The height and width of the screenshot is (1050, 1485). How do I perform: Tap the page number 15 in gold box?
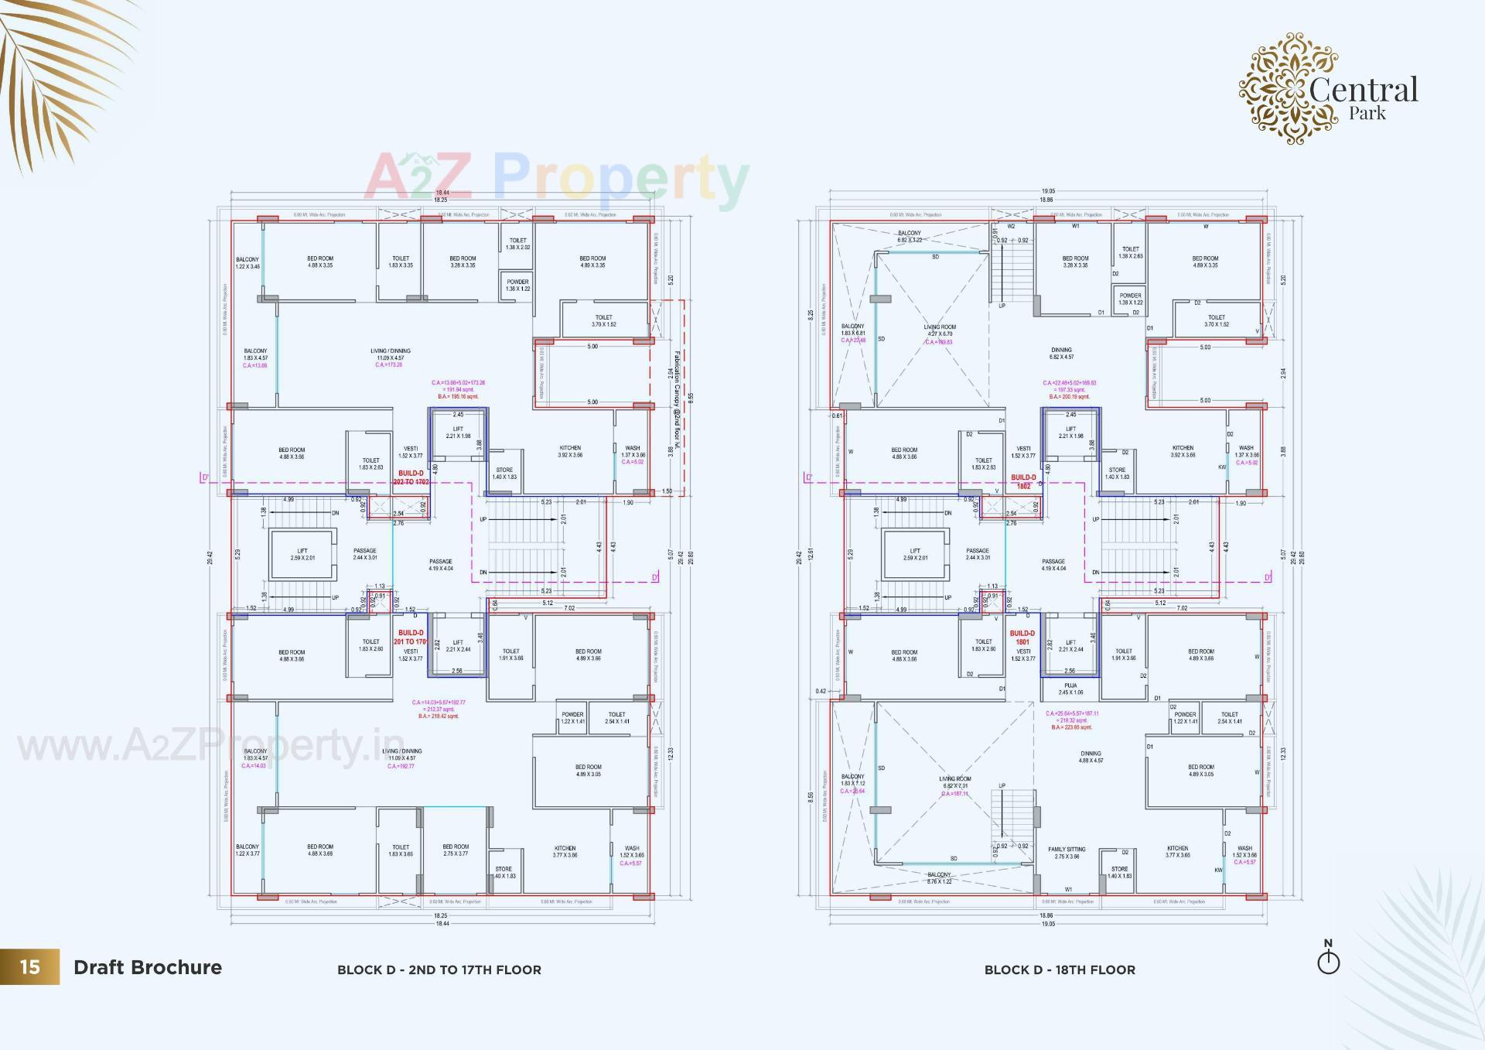29,967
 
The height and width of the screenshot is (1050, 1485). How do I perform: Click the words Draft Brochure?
148,967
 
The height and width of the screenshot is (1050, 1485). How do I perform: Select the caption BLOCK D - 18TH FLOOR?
1060,970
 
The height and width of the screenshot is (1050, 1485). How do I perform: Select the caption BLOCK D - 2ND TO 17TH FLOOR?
439,970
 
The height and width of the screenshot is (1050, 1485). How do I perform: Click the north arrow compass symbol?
1328,959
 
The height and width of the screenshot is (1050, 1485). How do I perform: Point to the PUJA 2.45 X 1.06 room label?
1070,689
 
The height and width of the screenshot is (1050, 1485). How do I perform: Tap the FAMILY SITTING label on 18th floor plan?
1067,853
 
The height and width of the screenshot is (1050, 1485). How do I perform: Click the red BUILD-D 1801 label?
1022,638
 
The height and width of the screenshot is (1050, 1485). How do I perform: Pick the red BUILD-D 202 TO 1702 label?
411,477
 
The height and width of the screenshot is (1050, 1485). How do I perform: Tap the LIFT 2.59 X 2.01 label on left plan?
302,554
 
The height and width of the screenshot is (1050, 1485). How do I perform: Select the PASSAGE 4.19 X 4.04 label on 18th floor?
1053,565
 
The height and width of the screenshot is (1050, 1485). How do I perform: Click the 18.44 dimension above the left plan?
442,192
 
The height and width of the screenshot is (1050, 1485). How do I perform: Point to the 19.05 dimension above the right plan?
1047,191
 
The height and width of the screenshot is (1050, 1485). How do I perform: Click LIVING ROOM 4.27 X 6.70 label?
940,330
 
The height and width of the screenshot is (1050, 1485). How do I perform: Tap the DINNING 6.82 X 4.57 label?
1061,354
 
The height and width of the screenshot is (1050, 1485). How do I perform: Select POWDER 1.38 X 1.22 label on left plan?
517,285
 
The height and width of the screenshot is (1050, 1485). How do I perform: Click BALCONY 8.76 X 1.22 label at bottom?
939,877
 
